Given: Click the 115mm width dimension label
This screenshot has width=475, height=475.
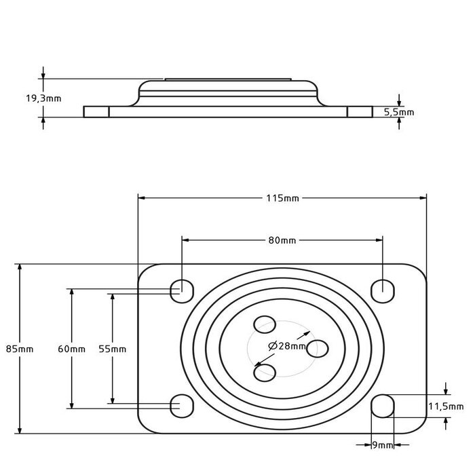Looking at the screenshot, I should [x=282, y=198].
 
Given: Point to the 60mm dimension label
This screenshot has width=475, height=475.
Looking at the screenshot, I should [x=71, y=349].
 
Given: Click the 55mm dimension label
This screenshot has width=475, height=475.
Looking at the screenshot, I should [x=113, y=349].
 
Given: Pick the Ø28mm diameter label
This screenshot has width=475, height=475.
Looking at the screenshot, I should [x=286, y=346].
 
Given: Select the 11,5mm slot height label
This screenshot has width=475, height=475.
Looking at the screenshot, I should [x=445, y=406].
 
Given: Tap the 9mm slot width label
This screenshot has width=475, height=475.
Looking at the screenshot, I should [x=383, y=445].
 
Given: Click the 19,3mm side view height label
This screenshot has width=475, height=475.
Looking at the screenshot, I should [x=43, y=98].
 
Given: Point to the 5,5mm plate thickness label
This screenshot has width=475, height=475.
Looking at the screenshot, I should [x=399, y=112].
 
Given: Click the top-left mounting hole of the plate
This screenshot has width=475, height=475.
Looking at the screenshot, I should [x=180, y=289].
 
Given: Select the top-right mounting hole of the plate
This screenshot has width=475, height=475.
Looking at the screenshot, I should [x=383, y=289].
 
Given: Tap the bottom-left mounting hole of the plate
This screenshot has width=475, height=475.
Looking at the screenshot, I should [x=180, y=406].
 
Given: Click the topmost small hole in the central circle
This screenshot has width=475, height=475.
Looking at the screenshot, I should [x=264, y=324].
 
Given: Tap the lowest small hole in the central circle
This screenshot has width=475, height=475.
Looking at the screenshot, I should [x=265, y=370].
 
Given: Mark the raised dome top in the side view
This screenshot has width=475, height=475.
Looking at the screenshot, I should [x=228, y=83].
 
